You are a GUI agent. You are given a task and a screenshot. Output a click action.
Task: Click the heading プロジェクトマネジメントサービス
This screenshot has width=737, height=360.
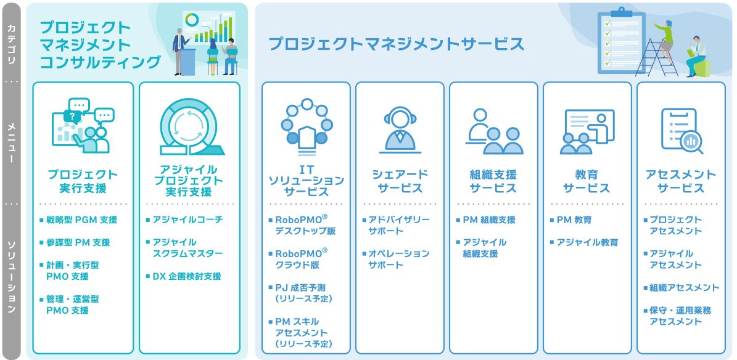coord(396,44)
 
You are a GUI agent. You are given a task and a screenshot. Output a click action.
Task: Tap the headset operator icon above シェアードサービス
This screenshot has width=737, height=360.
coord(400,131)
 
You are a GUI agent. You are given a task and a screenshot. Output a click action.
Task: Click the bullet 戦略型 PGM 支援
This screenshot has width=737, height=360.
coord(81,219)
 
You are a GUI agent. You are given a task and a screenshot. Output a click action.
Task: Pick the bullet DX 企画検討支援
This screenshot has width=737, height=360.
coord(186,276)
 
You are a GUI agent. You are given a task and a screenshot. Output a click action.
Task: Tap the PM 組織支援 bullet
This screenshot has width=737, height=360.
coord(488,219)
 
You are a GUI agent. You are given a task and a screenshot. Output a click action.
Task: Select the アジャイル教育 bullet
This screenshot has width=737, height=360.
coord(587,242)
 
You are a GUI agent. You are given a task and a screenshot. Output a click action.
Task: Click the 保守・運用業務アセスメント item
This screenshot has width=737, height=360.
coord(680,316)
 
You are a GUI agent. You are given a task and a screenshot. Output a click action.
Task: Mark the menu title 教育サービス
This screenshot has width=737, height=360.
coord(587,181)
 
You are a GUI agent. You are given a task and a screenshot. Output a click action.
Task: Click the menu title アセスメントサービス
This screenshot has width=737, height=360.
coord(680,181)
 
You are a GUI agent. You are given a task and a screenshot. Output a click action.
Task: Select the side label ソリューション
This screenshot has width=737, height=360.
coord(11,277)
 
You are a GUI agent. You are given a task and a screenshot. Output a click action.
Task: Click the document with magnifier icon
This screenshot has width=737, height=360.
coord(681,130)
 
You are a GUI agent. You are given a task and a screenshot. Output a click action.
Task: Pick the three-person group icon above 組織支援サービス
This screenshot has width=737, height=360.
coord(494,131)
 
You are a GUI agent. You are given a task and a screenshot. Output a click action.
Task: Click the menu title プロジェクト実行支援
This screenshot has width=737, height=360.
coord(83,181)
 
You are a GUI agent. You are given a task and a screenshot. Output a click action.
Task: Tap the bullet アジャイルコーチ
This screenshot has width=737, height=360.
coord(187,219)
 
